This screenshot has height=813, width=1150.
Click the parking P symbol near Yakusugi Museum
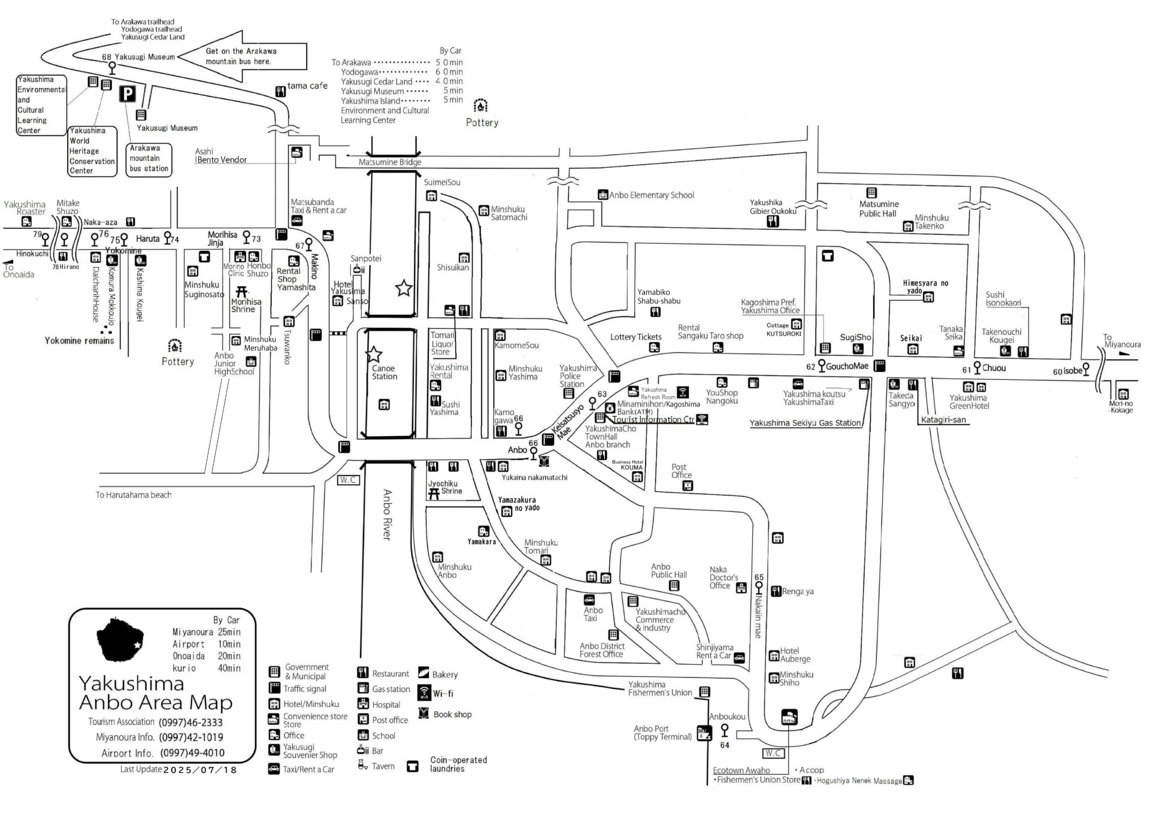(x=127, y=94)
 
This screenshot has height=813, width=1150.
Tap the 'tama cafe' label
(x=307, y=86)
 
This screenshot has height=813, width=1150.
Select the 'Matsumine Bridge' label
(x=390, y=162)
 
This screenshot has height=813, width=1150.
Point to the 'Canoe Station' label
(x=384, y=373)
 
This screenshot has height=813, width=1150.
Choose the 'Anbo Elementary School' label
(x=651, y=195)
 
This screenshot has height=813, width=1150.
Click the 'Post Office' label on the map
(x=681, y=471)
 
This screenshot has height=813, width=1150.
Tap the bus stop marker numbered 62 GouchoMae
(x=822, y=365)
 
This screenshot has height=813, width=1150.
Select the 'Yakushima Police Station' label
(x=577, y=376)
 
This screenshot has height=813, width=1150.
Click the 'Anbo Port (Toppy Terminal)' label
(x=662, y=733)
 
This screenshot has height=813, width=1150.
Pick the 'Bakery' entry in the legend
(x=444, y=675)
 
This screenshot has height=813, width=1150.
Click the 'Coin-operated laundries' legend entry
(x=458, y=764)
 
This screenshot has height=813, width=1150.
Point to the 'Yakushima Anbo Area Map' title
(x=155, y=693)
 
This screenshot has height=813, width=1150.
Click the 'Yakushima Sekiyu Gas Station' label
(x=805, y=423)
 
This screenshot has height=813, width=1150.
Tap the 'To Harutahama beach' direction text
(x=134, y=495)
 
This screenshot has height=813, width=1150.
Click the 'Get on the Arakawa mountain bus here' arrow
(x=243, y=56)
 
